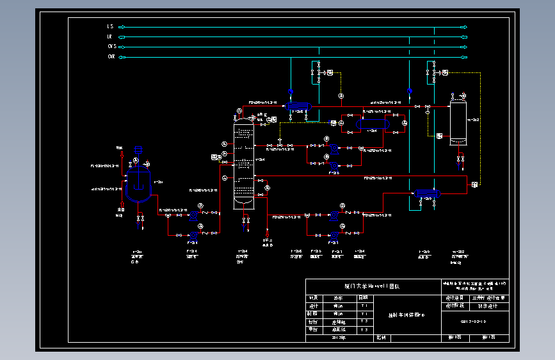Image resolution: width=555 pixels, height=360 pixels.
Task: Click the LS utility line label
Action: pyautogui.click(x=110, y=26)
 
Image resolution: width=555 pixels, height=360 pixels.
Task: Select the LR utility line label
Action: pyautogui.click(x=110, y=37)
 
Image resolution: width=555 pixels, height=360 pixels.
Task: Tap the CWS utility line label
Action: pyautogui.click(x=111, y=47)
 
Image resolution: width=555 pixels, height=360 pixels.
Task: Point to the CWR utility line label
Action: pyautogui.click(x=111, y=57)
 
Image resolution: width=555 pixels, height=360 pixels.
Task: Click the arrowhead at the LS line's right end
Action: pyautogui.click(x=465, y=27)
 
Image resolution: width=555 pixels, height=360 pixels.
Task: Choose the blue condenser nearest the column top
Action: pyautogui.click(x=298, y=105)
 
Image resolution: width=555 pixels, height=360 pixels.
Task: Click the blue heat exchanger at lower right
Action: pyautogui.click(x=427, y=192)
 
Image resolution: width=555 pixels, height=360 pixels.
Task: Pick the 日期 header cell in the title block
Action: pyautogui.click(x=363, y=298)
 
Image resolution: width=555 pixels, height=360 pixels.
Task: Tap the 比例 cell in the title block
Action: pyautogui.click(x=381, y=337)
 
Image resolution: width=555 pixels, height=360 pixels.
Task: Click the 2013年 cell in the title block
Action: pyautogui.click(x=338, y=337)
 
